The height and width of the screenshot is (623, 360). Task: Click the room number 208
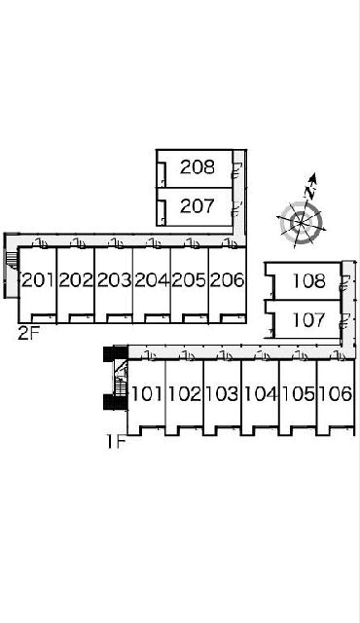click(198, 166)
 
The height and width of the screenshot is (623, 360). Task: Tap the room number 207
click(198, 205)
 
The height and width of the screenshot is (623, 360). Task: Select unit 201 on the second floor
click(38, 280)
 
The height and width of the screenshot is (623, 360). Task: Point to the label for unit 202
click(76, 280)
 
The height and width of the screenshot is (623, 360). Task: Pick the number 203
click(114, 280)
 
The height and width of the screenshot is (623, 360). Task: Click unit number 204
click(152, 280)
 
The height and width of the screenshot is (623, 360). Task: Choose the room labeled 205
click(190, 280)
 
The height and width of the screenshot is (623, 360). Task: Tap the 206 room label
click(227, 280)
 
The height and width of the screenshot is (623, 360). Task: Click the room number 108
click(308, 281)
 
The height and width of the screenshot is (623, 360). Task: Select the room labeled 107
click(308, 320)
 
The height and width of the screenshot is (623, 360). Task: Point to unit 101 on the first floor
click(147, 393)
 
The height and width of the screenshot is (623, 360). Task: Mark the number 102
click(185, 393)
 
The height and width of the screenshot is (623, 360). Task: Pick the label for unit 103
click(222, 393)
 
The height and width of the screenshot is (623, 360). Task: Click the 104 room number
click(260, 393)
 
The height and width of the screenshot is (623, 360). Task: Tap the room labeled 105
click(298, 393)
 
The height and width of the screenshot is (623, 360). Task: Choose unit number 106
click(336, 393)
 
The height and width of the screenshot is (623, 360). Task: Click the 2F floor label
click(29, 333)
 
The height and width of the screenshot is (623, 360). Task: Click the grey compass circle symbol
click(301, 223)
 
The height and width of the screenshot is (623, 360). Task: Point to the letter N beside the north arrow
click(310, 193)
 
